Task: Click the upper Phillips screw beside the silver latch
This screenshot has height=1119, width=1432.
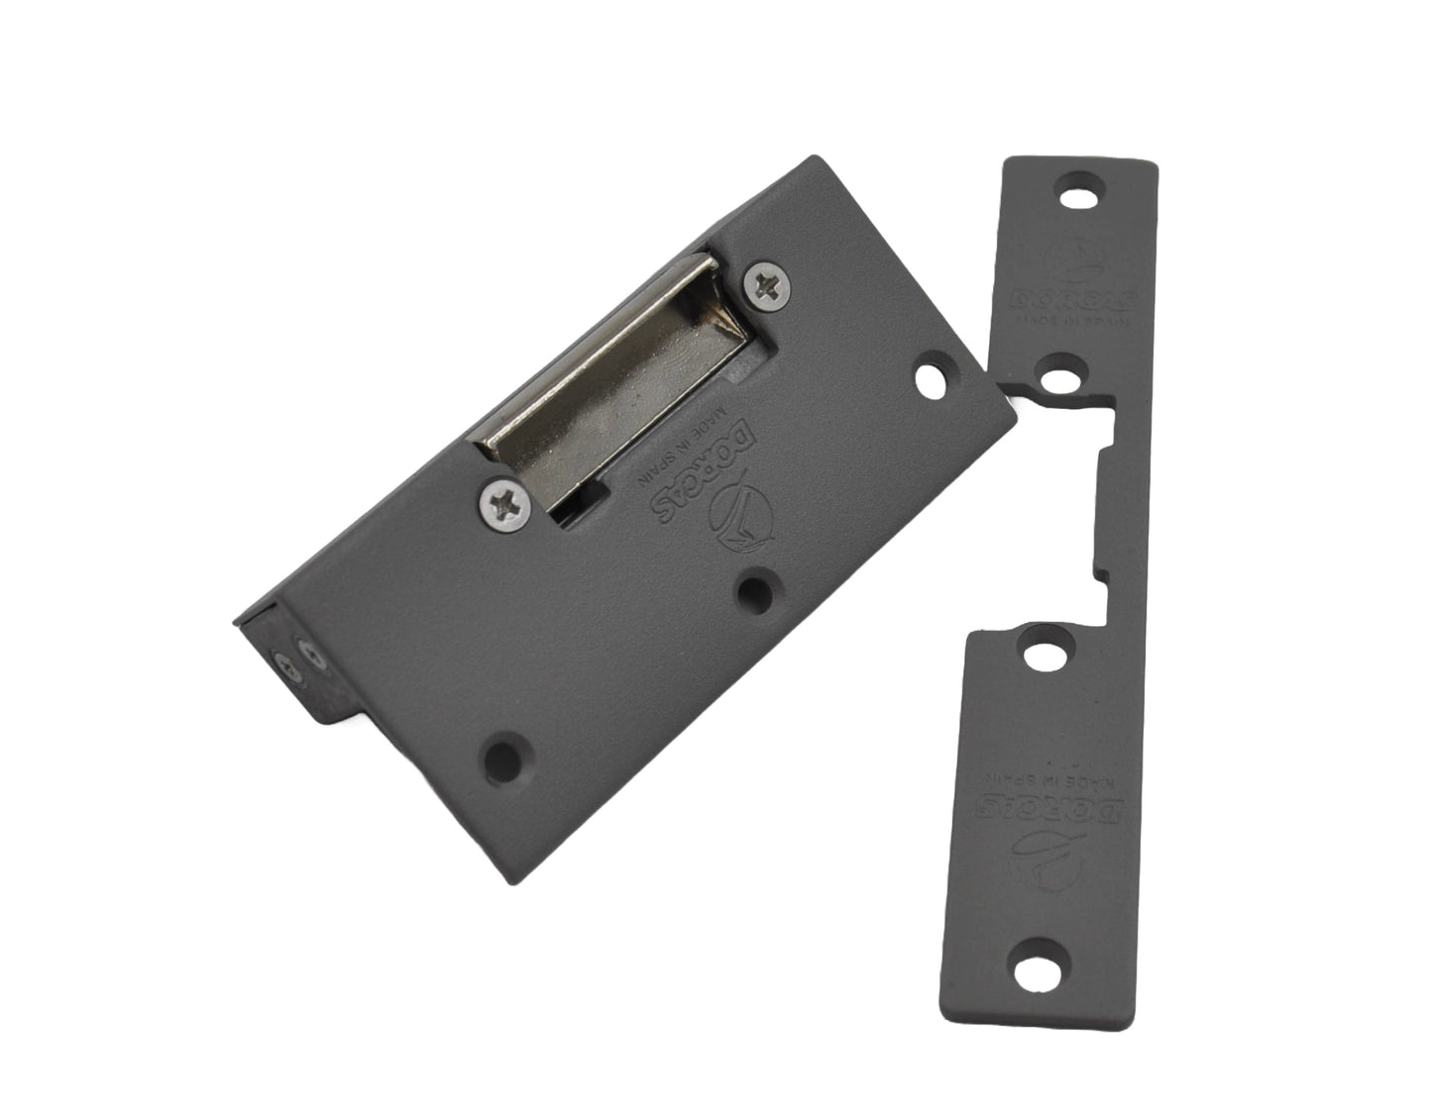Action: coord(771,285)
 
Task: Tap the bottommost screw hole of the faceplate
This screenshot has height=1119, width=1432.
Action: coord(1040,957)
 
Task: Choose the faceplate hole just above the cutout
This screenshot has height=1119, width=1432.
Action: coord(1063,379)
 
